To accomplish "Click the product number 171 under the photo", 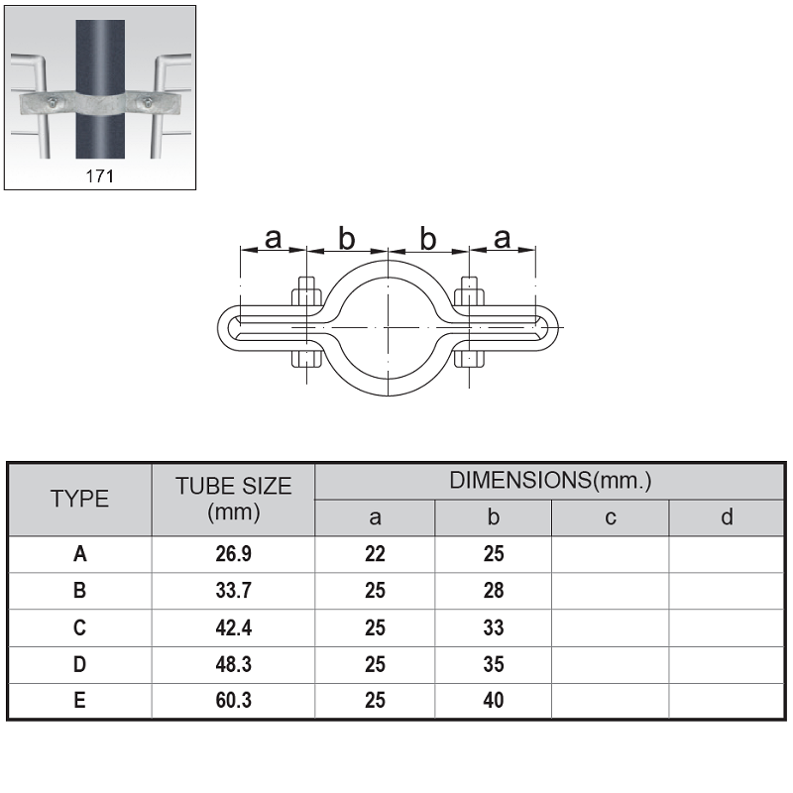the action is click(x=100, y=176).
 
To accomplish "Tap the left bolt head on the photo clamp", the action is click(x=53, y=103).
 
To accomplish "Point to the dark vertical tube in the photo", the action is click(x=100, y=89).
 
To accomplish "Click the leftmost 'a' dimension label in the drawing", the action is click(x=274, y=238).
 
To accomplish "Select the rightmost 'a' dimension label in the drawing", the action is click(x=502, y=238).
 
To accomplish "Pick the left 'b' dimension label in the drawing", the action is click(x=346, y=239).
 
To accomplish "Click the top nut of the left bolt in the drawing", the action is click(x=306, y=296).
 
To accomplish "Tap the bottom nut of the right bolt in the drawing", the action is click(x=469, y=359).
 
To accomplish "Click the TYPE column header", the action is click(x=79, y=499).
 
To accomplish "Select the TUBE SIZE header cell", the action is click(x=234, y=499).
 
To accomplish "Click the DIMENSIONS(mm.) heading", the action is click(x=550, y=480).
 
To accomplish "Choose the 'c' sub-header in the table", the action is click(x=611, y=517).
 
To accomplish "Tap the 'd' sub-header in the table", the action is click(x=727, y=516).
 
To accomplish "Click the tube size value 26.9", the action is click(x=234, y=554).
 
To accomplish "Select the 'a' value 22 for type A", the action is click(x=375, y=554).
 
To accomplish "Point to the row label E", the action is click(x=79, y=701).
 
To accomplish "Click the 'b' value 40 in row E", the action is click(x=494, y=701).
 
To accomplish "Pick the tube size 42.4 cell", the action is click(x=234, y=627).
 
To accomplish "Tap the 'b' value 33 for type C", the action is click(x=494, y=627).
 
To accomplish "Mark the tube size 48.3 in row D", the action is click(x=234, y=664).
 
